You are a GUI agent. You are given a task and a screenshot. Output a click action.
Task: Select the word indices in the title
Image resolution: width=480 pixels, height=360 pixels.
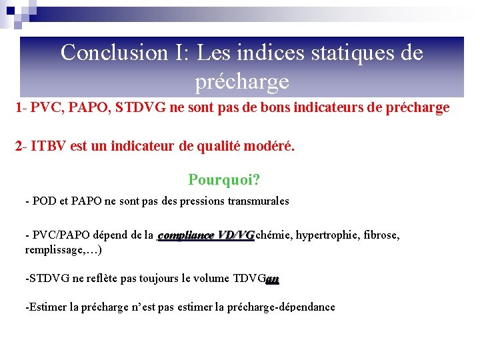257,53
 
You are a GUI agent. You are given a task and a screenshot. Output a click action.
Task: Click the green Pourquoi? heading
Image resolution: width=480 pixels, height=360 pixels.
224,180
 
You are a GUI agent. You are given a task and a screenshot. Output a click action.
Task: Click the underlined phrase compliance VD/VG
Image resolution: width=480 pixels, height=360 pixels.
207,235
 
